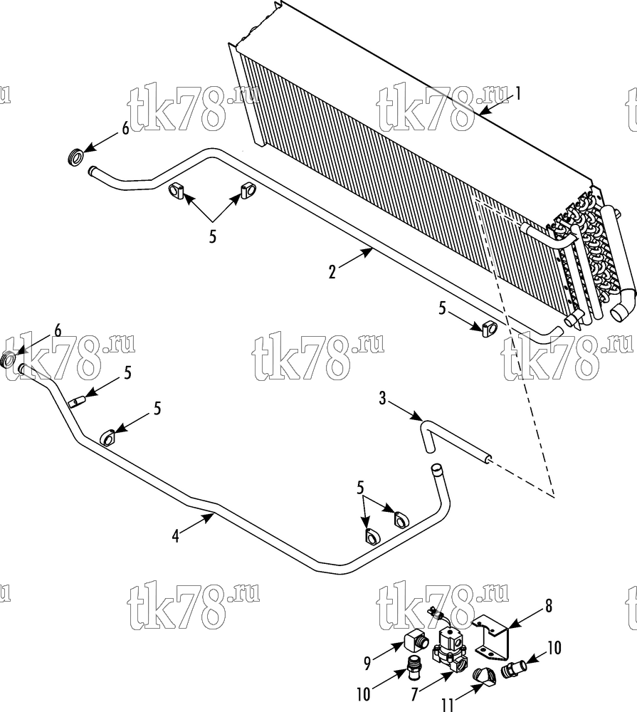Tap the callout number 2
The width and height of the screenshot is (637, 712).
coord(332,273)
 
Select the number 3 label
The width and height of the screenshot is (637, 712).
coord(382,399)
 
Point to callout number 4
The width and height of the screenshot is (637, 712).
coord(176,536)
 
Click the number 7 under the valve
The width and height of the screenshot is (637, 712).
coord(414,694)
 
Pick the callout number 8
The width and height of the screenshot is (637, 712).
coord(549,606)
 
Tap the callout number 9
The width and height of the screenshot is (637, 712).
coord(367,664)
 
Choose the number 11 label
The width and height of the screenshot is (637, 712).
coord(447,705)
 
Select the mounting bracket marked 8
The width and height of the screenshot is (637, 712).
coord(493,638)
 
